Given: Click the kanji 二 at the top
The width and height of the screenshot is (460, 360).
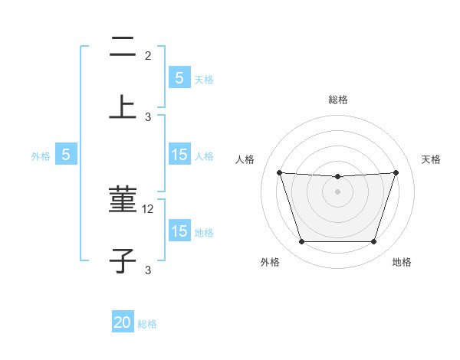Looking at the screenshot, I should [x=123, y=49].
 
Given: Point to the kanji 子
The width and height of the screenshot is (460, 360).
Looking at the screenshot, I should [x=123, y=260].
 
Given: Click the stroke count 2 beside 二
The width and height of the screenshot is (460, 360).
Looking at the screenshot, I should [x=148, y=55].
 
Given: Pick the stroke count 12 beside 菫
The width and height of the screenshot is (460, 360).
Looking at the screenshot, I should [x=149, y=208].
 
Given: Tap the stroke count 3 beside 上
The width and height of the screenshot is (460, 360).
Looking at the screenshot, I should [x=148, y=117].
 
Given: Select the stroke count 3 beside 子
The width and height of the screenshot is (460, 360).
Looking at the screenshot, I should [x=148, y=270].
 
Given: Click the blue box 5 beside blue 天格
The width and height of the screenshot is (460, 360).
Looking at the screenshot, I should [x=179, y=78].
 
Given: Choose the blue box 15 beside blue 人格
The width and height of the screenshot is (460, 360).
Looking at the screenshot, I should [x=179, y=155].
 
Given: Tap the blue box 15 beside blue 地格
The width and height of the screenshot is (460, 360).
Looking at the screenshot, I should [x=179, y=231].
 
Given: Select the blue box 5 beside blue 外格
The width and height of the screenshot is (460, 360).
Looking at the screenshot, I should [x=66, y=155].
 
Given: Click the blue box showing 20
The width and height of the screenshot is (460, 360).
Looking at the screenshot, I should [x=123, y=323].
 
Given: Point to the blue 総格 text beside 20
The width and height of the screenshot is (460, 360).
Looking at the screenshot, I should [x=147, y=324].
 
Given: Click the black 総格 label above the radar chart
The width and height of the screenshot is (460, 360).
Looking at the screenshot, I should [x=337, y=100].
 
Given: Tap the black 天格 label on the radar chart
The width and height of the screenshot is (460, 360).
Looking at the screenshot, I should [x=431, y=159].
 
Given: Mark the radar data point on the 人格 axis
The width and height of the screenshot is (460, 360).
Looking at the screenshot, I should [x=279, y=172].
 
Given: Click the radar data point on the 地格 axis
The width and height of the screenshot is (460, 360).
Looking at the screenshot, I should [x=373, y=241].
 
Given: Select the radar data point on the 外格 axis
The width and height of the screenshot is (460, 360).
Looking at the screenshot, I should [x=301, y=241].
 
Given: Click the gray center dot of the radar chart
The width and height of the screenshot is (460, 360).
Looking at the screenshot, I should [x=337, y=191].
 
